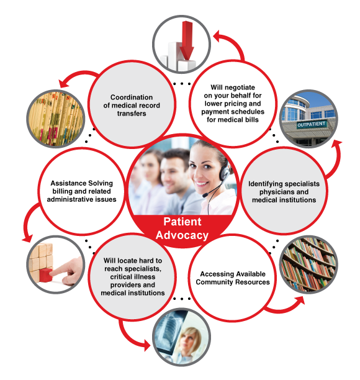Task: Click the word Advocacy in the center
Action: point(182,235)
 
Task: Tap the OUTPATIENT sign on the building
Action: point(312,124)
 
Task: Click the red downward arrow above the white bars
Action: point(187,40)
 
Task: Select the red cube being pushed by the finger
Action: point(47,275)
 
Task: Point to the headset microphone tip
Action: point(205,195)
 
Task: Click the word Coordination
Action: point(132,97)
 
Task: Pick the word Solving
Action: point(101,183)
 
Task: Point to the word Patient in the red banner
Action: point(182,222)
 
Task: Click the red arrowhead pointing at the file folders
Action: point(64,83)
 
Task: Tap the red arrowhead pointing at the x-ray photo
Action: point(147,345)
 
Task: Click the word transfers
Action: point(132,114)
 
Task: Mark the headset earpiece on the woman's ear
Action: point(224,171)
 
